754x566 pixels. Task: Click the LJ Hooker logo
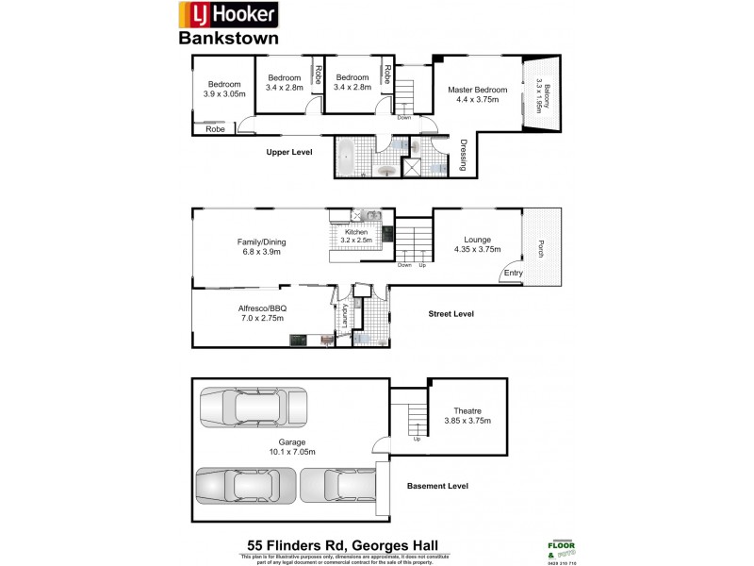(227, 15)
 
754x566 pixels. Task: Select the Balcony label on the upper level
(538, 95)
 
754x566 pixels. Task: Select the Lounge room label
(476, 244)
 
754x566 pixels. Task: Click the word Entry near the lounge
(513, 274)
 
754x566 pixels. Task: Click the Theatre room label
(467, 416)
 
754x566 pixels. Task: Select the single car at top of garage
(254, 408)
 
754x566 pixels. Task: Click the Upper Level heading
(289, 152)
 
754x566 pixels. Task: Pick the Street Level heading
(451, 314)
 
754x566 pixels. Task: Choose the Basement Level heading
(437, 486)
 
